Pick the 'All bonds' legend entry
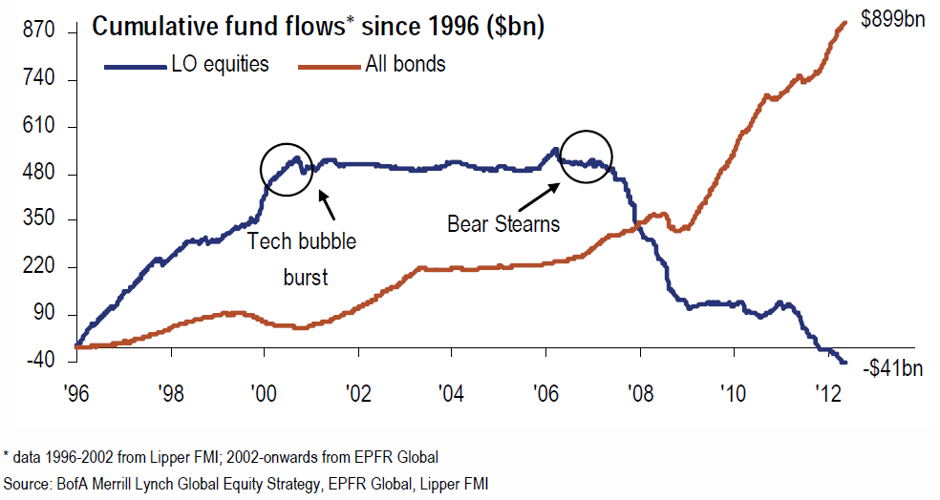coord(405,65)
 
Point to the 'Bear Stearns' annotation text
coord(503,225)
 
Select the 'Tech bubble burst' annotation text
coord(302,259)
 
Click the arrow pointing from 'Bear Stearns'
coord(543,197)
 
